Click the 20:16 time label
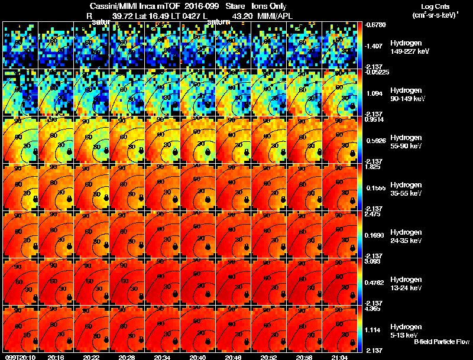56,357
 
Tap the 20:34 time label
163,357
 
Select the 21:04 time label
341,357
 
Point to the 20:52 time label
270,357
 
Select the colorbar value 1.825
373,167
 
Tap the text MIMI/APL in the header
274,17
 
